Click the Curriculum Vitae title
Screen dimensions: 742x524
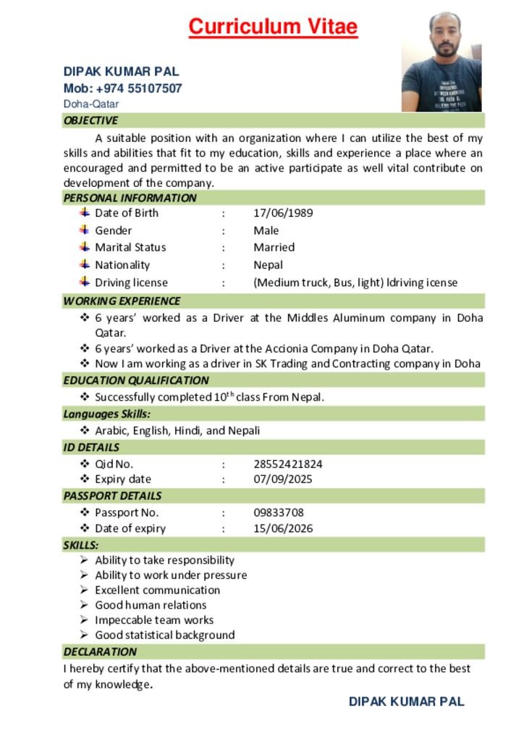(273, 27)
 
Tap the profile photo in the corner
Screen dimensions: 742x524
(441, 62)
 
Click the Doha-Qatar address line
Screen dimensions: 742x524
(91, 104)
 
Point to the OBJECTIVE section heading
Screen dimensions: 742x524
(90, 120)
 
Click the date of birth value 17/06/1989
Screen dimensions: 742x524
(283, 213)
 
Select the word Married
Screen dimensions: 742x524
(274, 247)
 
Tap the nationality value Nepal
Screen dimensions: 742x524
(268, 265)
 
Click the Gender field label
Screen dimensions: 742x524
(114, 230)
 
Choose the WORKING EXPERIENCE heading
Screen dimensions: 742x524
(122, 301)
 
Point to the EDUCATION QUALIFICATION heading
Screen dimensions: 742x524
(135, 380)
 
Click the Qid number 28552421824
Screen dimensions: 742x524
(287, 464)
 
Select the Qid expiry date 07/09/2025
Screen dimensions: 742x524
(283, 479)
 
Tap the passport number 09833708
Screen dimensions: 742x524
(278, 512)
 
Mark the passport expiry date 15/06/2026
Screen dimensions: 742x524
(283, 528)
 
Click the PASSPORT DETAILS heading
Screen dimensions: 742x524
(112, 496)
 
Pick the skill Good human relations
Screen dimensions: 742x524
(151, 605)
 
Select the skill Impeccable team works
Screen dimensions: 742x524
(154, 620)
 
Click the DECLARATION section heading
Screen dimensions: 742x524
(100, 651)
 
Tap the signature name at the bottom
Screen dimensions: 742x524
(406, 701)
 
